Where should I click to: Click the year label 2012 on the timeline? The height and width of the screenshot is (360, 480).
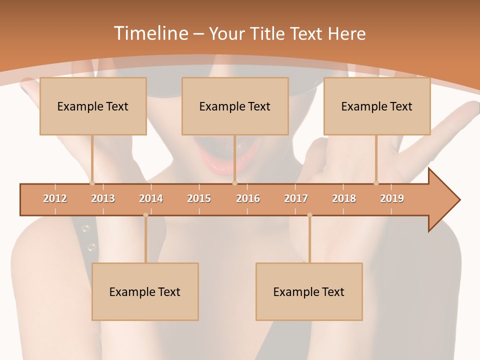tap(55, 198)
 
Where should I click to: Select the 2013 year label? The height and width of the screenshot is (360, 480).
tap(103, 198)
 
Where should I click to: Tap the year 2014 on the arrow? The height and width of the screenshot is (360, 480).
tap(151, 198)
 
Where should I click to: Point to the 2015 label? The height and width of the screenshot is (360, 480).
tap(199, 198)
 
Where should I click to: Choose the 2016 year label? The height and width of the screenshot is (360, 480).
tap(248, 198)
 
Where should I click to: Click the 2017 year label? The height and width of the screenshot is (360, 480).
tap(296, 198)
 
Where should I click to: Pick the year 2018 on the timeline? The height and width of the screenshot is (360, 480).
tap(344, 198)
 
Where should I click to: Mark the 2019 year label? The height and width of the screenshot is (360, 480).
tap(392, 198)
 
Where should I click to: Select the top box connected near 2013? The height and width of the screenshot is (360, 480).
tap(93, 106)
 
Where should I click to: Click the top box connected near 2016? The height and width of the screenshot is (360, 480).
tap(235, 106)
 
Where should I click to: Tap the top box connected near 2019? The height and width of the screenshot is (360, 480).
tap(377, 106)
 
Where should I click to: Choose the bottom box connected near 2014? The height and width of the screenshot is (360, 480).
tap(145, 291)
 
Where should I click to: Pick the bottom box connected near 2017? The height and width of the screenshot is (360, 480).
tap(309, 291)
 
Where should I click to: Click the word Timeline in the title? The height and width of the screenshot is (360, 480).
tap(150, 33)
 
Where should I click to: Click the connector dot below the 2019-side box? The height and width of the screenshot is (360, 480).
tap(376, 183)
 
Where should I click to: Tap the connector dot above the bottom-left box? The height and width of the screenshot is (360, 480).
tap(145, 215)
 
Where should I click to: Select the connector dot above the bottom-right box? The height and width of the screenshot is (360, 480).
tap(309, 215)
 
